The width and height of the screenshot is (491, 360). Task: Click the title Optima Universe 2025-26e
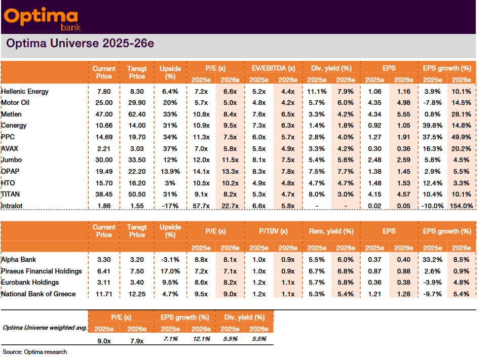[80, 44]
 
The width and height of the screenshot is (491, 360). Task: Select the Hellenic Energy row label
[25, 92]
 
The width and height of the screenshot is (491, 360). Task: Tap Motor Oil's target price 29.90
[137, 103]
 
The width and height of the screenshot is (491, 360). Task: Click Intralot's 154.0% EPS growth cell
[461, 206]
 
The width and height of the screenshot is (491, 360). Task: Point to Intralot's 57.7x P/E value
[201, 206]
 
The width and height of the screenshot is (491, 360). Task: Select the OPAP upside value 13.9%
[170, 171]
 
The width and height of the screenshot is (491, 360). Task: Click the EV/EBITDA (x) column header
[273, 68]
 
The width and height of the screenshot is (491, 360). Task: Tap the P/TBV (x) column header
[273, 231]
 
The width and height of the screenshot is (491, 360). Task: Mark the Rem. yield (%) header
[331, 231]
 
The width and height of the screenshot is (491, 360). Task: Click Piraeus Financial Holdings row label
[42, 271]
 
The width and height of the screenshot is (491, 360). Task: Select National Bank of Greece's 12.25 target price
[137, 294]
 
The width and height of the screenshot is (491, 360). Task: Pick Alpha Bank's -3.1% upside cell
[170, 260]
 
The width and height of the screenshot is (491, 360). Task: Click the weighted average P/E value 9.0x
[104, 340]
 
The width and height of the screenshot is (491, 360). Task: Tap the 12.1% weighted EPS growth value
[201, 339]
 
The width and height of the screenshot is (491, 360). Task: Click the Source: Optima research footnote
[34, 352]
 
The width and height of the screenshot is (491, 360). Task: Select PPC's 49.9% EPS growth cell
[461, 137]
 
